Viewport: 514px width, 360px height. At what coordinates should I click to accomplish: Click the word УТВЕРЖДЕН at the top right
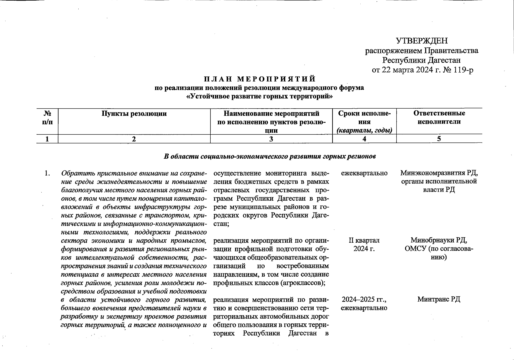[x=422, y=41]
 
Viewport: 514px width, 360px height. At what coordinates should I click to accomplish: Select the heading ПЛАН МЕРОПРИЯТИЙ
[x=260, y=79]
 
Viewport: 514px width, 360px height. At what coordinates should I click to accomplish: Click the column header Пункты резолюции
[x=134, y=114]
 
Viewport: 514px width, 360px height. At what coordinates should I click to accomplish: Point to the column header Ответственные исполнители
[x=439, y=117]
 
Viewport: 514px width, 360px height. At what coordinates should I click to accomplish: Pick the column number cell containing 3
[x=271, y=139]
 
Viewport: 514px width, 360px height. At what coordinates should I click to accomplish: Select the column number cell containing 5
[x=439, y=139]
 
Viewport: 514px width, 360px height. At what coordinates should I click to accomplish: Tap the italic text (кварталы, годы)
[x=364, y=130]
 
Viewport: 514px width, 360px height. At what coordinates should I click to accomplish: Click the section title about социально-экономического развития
[x=270, y=156]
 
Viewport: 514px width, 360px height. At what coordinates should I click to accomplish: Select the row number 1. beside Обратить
[x=47, y=173]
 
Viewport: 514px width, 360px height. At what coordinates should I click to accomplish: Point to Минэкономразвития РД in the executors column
[x=439, y=173]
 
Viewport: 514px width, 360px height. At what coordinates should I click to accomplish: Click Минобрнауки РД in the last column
[x=439, y=240]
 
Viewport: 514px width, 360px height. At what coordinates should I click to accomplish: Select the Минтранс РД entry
[x=439, y=299]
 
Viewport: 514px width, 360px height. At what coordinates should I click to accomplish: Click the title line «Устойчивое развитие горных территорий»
[x=260, y=97]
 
